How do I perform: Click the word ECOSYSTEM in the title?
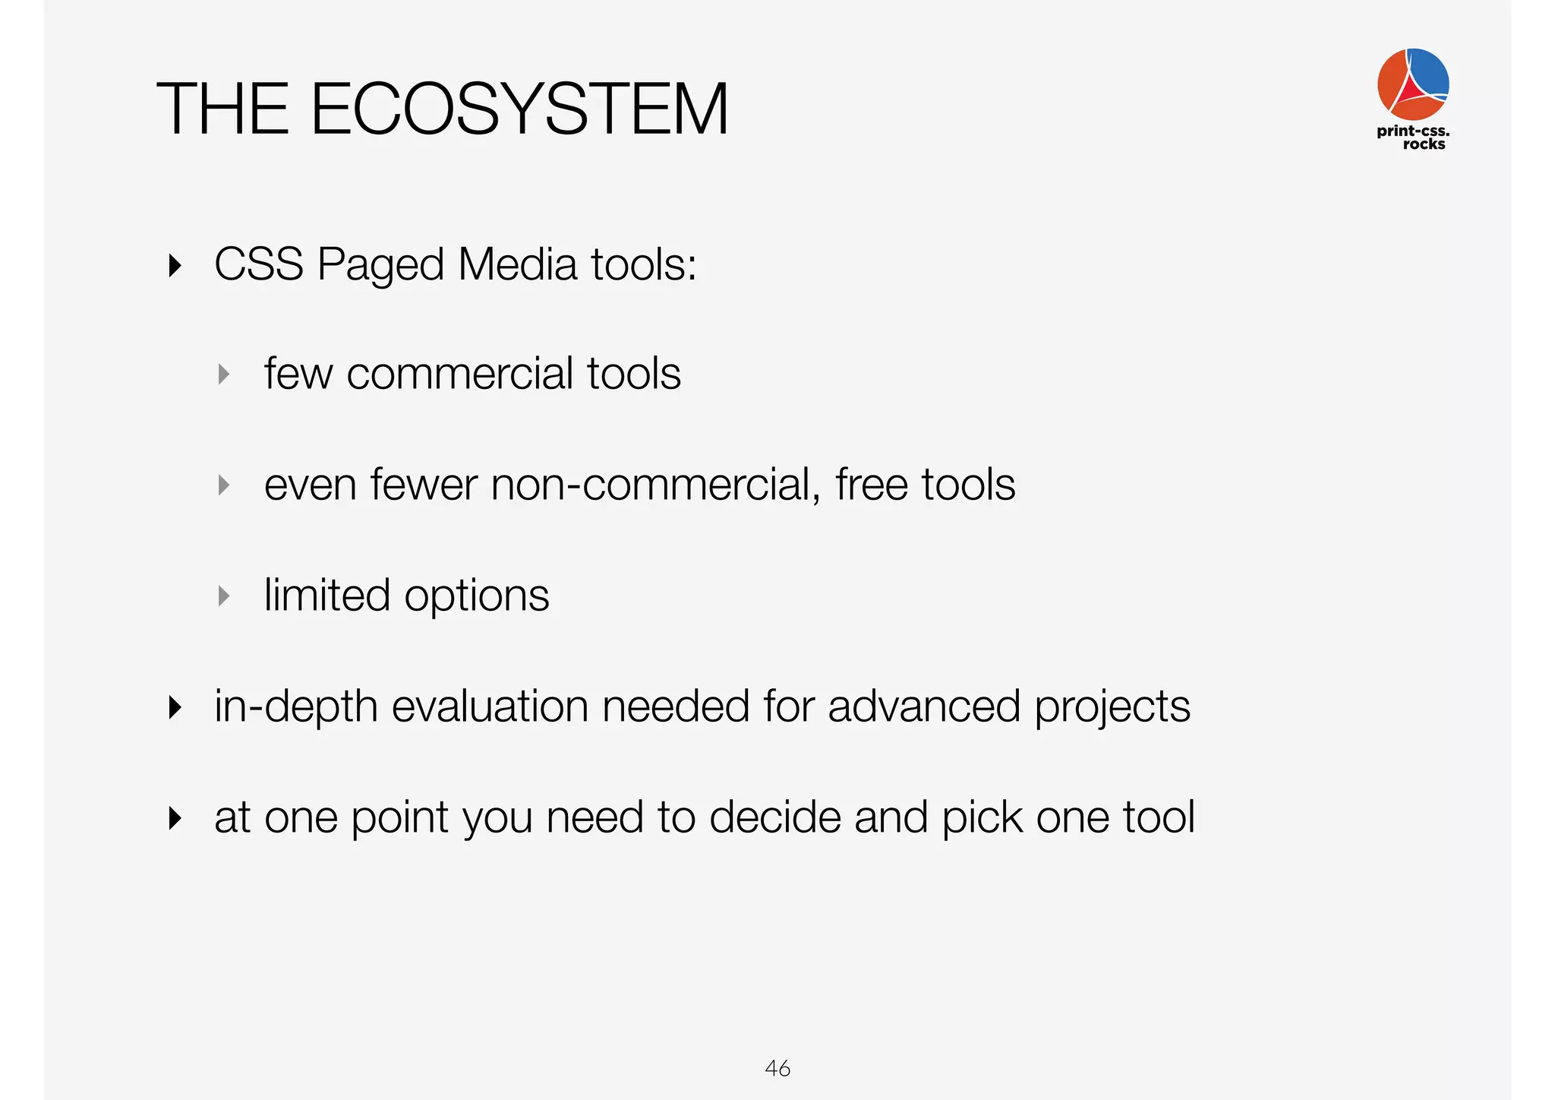(x=519, y=109)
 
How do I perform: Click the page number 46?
(x=777, y=1068)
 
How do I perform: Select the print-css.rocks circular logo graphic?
(x=1413, y=84)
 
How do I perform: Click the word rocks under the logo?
(x=1424, y=144)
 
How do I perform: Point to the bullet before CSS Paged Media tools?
(x=175, y=266)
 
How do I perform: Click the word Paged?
(x=380, y=266)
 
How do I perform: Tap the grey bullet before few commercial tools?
(x=223, y=374)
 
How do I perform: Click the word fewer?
(x=424, y=485)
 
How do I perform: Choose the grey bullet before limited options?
(x=223, y=596)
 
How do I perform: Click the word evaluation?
(x=490, y=706)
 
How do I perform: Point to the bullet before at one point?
(x=175, y=818)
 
